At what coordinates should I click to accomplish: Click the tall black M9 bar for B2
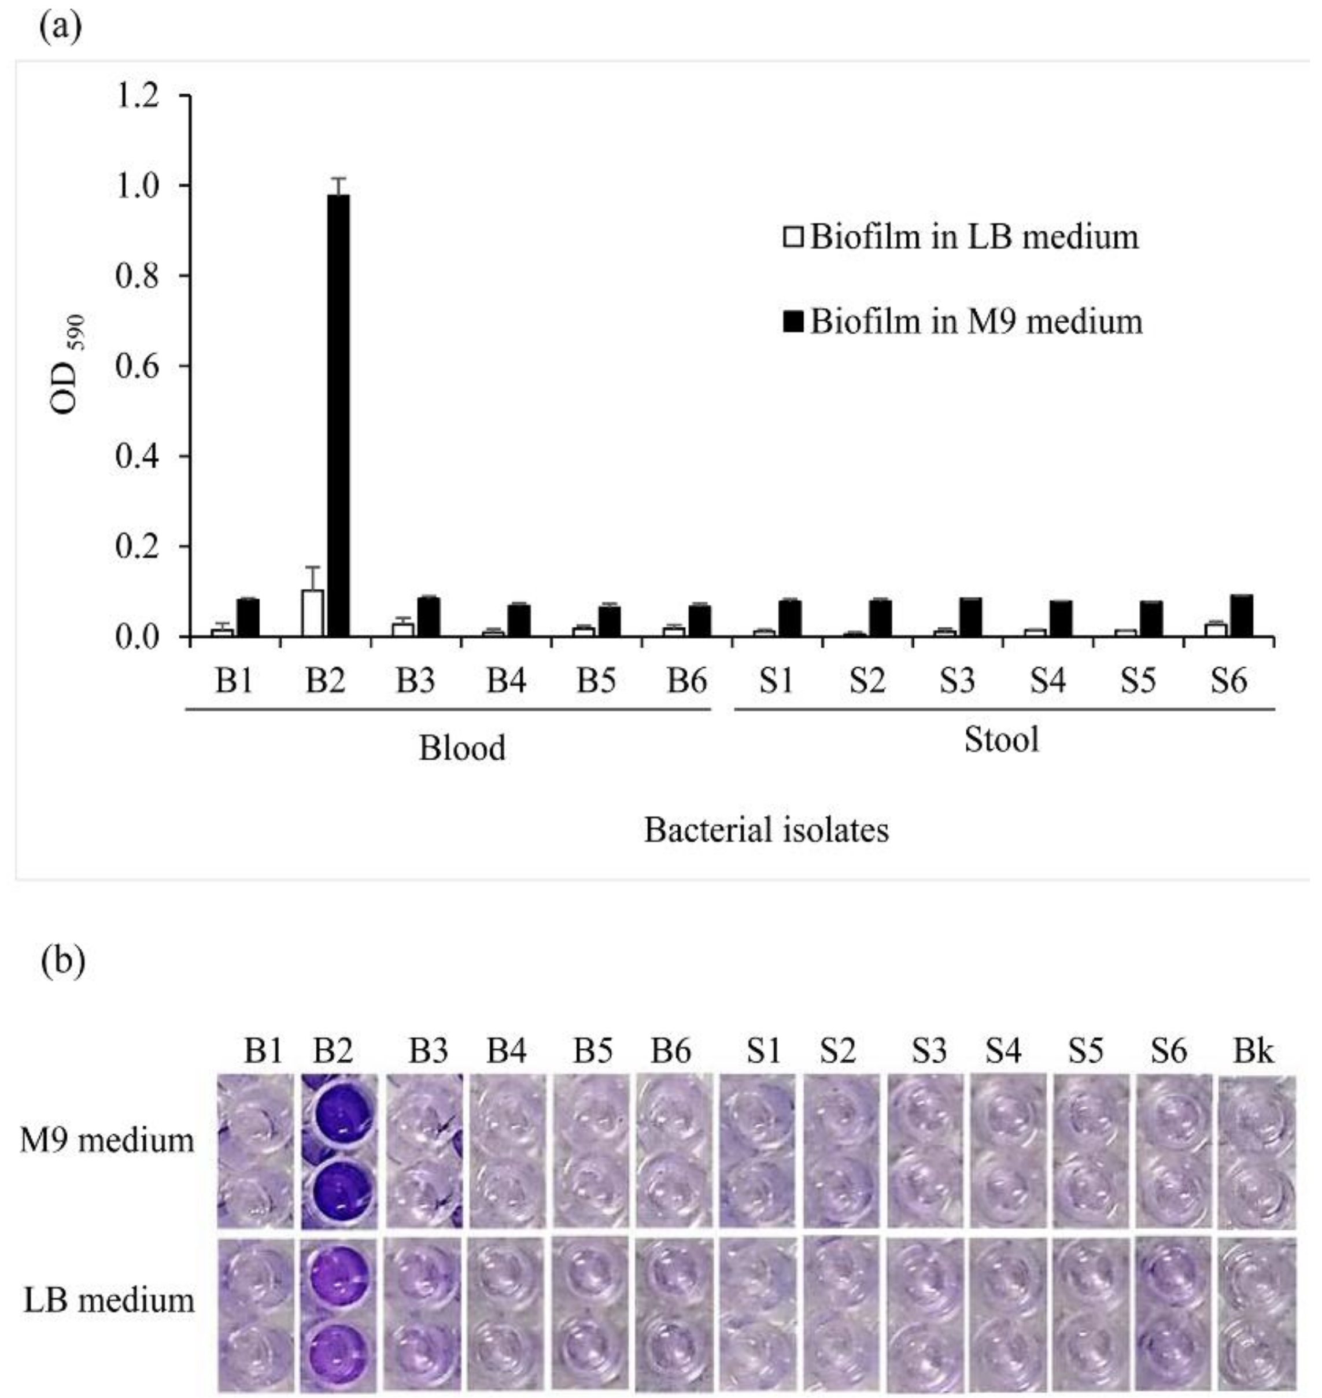[x=338, y=416]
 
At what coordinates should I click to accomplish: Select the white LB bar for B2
[x=312, y=613]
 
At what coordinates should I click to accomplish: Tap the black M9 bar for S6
[x=1241, y=616]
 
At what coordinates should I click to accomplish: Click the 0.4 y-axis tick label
[x=139, y=457]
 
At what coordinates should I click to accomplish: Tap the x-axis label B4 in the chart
[x=506, y=680]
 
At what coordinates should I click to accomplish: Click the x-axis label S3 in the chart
[x=957, y=680]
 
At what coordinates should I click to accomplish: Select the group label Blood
[x=461, y=748]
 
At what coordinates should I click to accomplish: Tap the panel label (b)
[x=64, y=961]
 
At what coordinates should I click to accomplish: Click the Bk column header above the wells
[x=1253, y=1051]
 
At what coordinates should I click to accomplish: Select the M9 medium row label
[x=107, y=1140]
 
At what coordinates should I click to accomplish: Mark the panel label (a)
[x=61, y=27]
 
